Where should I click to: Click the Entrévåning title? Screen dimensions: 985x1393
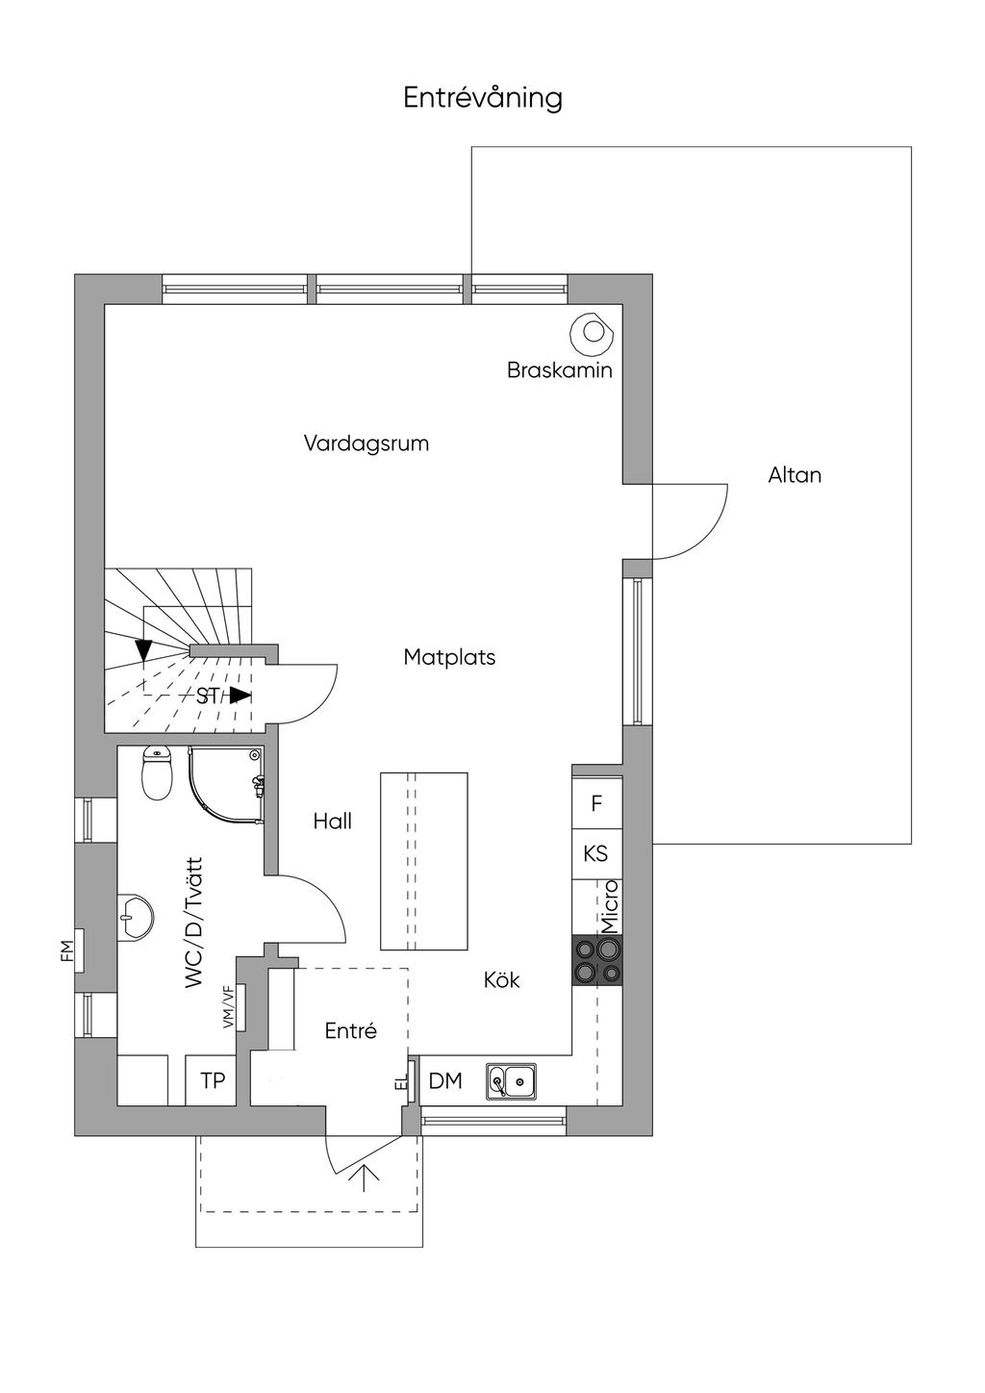(483, 98)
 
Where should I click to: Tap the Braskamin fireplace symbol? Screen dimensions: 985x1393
(593, 333)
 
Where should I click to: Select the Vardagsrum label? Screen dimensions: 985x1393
(366, 444)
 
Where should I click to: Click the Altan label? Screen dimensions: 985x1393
(795, 475)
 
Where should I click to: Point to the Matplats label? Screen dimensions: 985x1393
(449, 657)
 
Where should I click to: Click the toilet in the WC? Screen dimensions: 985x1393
(156, 773)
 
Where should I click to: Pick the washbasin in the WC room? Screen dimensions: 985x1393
(135, 917)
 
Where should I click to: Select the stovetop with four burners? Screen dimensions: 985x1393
(596, 960)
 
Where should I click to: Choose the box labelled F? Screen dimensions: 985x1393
(596, 803)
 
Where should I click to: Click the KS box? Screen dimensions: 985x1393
(596, 854)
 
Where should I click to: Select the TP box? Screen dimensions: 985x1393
(212, 1080)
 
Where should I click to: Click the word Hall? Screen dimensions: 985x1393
(333, 822)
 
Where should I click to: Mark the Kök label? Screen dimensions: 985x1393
(501, 980)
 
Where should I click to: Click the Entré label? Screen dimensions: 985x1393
(351, 1031)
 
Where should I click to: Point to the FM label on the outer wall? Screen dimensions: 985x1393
(66, 950)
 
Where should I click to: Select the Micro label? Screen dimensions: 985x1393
(611, 906)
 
